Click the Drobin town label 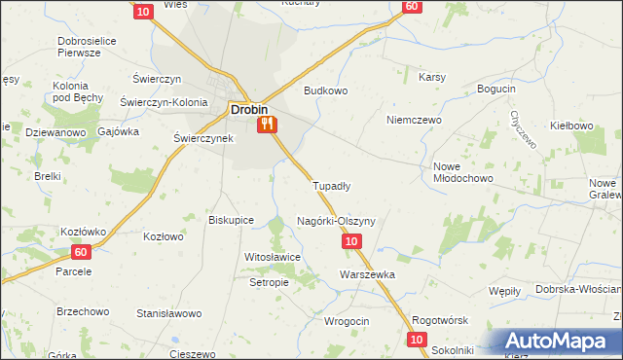coord(248,110)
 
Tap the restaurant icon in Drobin coord(267,125)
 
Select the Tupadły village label coord(331,185)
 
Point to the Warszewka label coord(367,274)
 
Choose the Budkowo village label coord(325,90)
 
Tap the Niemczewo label coord(414,120)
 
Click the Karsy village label coord(432,77)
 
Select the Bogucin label coord(496,90)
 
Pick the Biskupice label coord(232,220)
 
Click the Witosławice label coord(273,256)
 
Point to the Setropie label coord(270,282)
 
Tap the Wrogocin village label coord(346,321)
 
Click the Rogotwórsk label coord(441,321)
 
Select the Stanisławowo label coord(168,313)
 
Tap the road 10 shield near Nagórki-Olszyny coord(352,240)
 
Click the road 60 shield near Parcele coord(80,252)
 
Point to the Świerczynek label coord(203,138)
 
